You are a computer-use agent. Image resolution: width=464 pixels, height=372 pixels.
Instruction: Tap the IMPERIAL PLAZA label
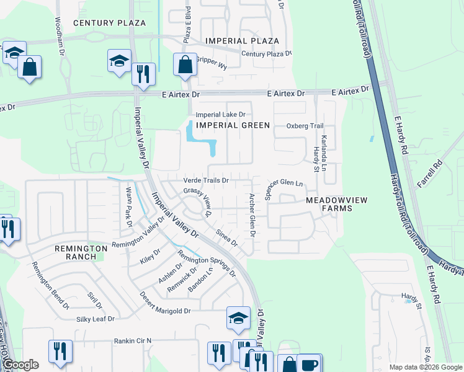coord(243,41)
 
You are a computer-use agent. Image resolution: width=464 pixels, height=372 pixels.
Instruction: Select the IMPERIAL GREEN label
coord(233,125)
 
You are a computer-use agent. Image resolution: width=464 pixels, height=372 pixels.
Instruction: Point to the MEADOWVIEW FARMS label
coord(329,204)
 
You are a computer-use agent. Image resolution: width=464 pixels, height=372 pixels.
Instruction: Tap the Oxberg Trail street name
coord(305,126)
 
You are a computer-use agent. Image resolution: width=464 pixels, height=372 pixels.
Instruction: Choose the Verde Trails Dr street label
coord(207,181)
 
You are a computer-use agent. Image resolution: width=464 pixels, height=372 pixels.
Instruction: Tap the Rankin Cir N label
coord(132,340)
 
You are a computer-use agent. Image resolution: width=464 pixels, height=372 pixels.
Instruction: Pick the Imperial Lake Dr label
coord(221,115)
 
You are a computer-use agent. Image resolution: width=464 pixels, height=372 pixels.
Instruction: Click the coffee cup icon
coord(308,363)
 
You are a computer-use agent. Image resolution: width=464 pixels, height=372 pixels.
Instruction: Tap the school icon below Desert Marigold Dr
coord(238,317)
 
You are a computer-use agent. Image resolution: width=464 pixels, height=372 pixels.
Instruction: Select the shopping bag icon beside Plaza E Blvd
coord(185,64)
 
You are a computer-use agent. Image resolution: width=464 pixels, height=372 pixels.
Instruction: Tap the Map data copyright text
coord(425,367)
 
